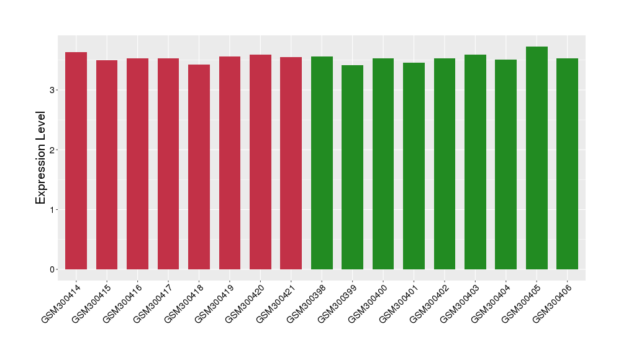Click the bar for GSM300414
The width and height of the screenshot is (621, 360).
76,161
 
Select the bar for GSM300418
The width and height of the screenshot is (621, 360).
199,167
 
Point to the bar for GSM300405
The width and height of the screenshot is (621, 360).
537,158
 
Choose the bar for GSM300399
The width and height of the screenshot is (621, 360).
352,167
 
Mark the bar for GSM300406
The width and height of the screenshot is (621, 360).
567,164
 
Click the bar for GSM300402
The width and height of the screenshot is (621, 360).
445,164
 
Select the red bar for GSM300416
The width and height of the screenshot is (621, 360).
137,164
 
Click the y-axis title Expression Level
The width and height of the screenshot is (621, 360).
41,158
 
